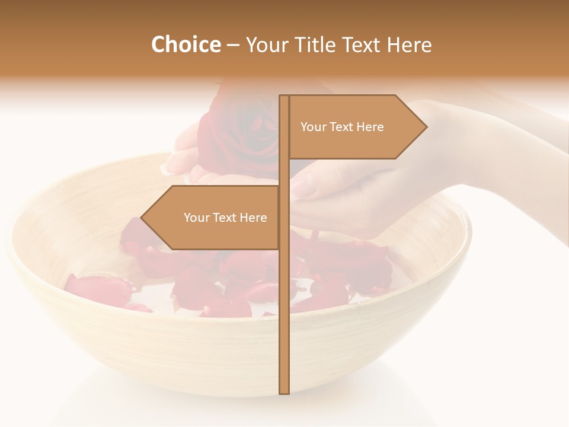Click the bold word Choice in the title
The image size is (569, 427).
pyautogui.click(x=186, y=44)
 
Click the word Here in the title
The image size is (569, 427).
pyautogui.click(x=408, y=44)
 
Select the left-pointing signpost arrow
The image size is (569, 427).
pyautogui.click(x=213, y=218)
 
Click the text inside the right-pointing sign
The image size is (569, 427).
pyautogui.click(x=342, y=127)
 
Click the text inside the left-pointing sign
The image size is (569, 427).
pyautogui.click(x=225, y=218)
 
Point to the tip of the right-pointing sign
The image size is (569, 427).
pyautogui.click(x=426, y=127)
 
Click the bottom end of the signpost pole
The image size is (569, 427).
pyautogui.click(x=284, y=392)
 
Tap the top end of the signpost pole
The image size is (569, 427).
pyautogui.click(x=284, y=97)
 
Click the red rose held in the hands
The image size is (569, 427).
pyautogui.click(x=237, y=128)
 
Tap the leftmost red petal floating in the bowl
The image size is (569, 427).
pyautogui.click(x=98, y=288)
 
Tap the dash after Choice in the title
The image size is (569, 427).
pyautogui.click(x=233, y=45)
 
